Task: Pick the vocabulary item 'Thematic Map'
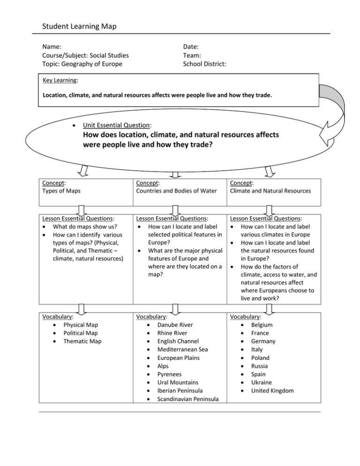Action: [82, 341]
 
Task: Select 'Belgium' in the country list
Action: [262, 324]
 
